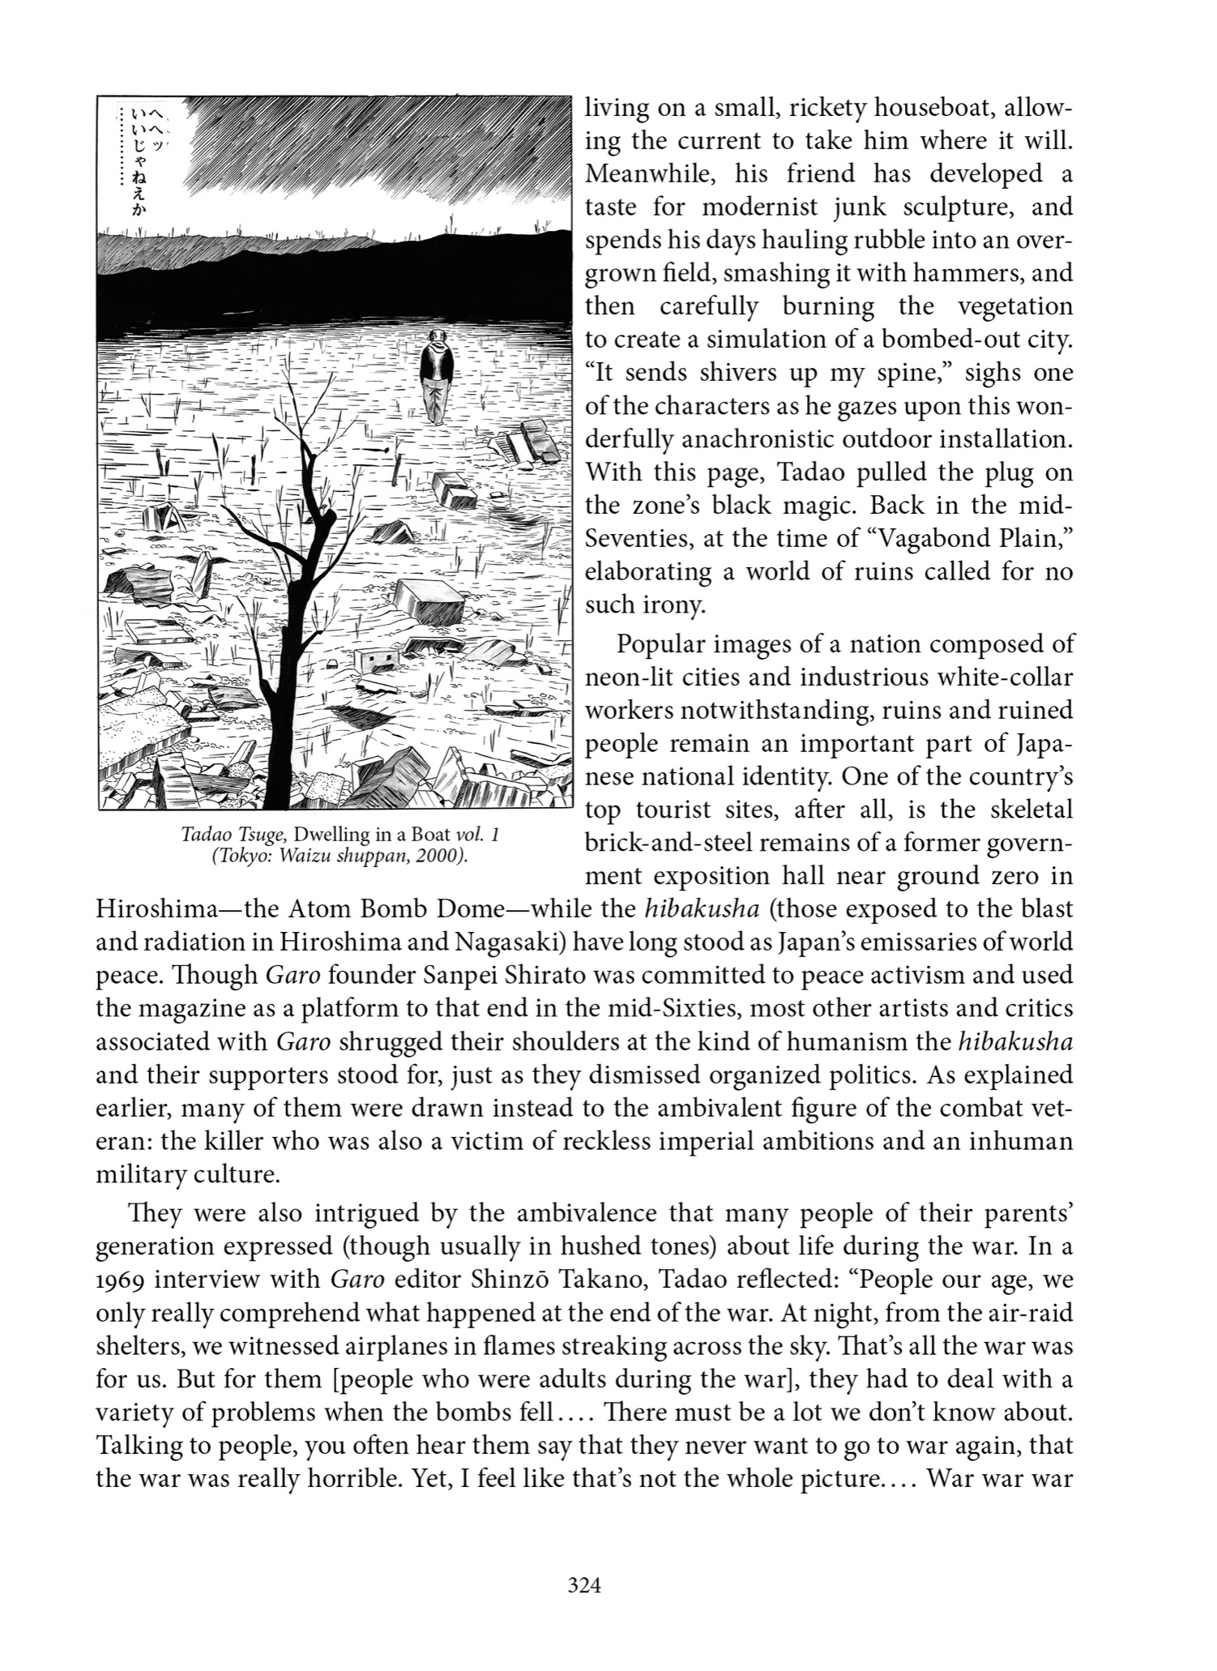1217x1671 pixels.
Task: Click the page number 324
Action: click(x=585, y=1586)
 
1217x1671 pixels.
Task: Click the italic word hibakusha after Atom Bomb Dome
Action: click(x=702, y=909)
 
